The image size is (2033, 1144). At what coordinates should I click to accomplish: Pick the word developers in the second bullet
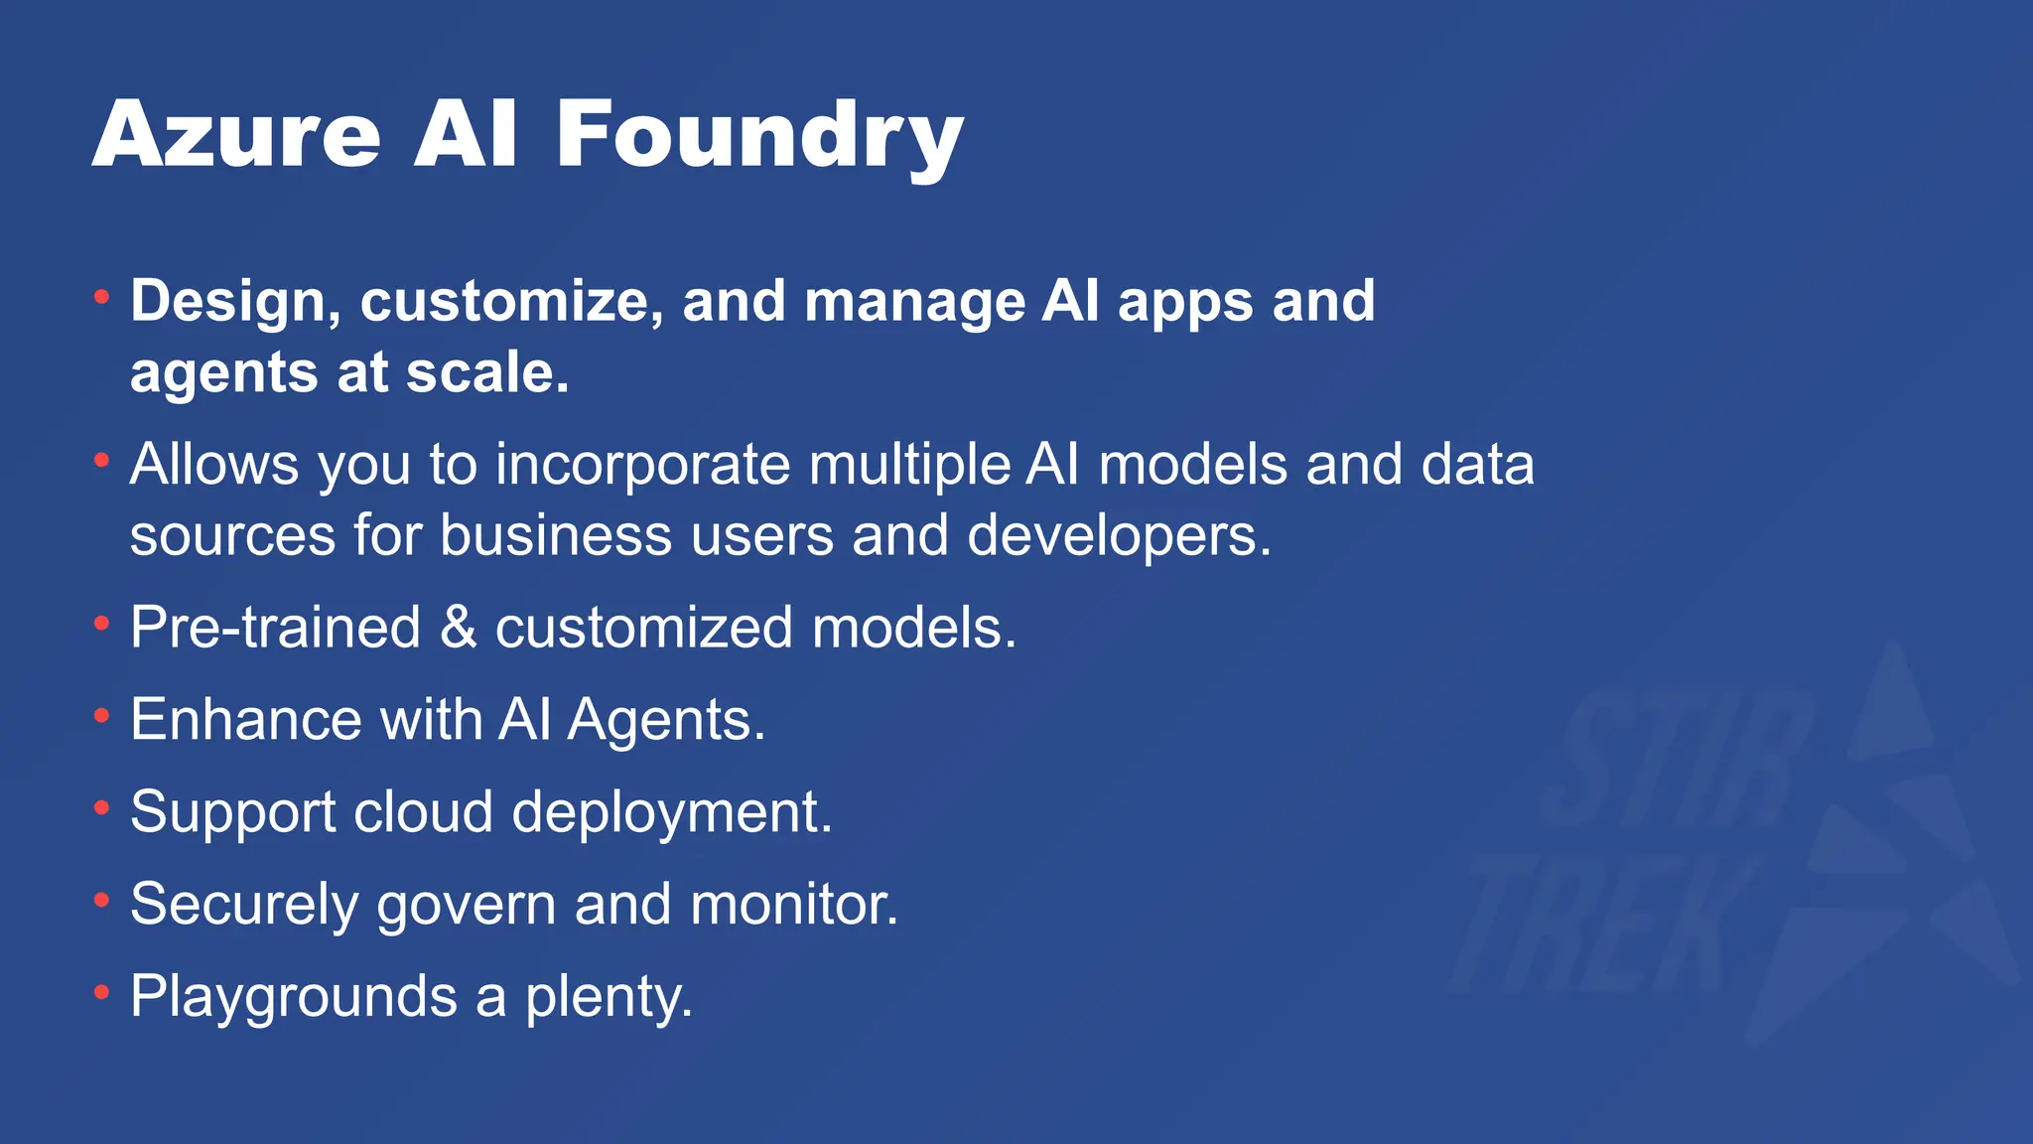pyautogui.click(x=1119, y=535)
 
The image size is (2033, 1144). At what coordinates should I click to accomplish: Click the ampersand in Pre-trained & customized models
pyautogui.click(x=458, y=628)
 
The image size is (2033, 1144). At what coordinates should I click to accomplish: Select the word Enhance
pyautogui.click(x=245, y=719)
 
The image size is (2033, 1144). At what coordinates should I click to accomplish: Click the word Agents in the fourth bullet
pyautogui.click(x=666, y=721)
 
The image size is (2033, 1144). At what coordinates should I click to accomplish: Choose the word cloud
pyautogui.click(x=423, y=811)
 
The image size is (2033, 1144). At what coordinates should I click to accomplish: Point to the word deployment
pyautogui.click(x=671, y=813)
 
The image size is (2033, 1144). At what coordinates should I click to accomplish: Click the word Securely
pyautogui.click(x=244, y=905)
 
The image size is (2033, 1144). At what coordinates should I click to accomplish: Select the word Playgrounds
pyautogui.click(x=294, y=997)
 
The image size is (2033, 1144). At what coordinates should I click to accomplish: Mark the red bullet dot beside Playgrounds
pyautogui.click(x=101, y=992)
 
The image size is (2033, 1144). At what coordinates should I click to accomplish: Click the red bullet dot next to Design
pyautogui.click(x=101, y=296)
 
